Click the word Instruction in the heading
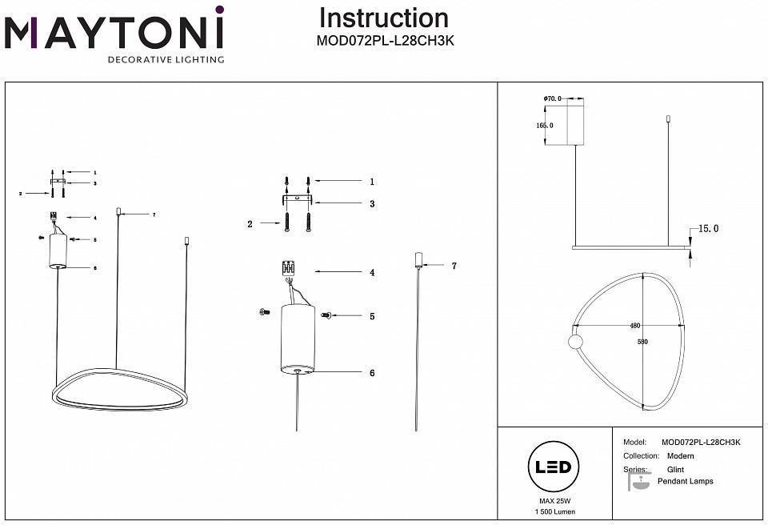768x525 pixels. [383, 18]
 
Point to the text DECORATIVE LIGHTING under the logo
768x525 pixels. [166, 60]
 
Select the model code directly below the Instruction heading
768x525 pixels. [386, 42]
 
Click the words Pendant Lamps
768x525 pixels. [685, 482]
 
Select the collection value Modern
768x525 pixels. [681, 455]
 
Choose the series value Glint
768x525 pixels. [675, 470]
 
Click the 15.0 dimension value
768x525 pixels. [709, 229]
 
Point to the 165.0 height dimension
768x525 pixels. [545, 126]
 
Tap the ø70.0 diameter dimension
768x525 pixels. [552, 98]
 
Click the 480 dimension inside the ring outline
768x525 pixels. [635, 327]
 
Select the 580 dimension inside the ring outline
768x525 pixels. [642, 342]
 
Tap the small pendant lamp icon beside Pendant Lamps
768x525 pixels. [638, 482]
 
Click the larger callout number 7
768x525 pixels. [454, 265]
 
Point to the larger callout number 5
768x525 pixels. [372, 317]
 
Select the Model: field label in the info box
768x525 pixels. [634, 442]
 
